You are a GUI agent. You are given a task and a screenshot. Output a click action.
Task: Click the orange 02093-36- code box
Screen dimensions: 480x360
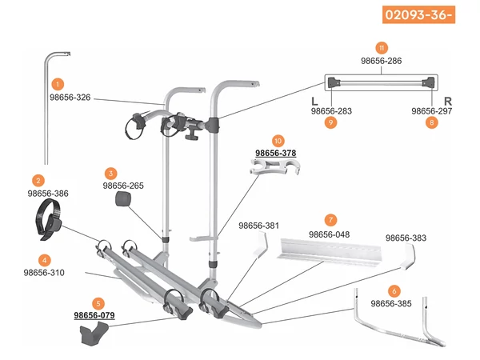click(418, 14)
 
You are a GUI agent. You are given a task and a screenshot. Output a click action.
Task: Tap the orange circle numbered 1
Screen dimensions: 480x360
click(58, 84)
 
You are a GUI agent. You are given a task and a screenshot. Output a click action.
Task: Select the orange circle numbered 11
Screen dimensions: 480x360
click(382, 48)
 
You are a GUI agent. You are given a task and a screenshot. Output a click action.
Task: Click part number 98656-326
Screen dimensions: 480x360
click(70, 98)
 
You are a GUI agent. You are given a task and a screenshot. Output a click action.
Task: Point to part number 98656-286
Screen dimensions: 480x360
click(381, 61)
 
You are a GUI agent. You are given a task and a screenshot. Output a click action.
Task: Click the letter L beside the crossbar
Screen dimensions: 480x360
click(314, 102)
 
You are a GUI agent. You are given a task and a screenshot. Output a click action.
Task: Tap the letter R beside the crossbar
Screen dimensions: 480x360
click(447, 102)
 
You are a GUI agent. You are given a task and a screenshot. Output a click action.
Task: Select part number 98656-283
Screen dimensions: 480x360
click(331, 111)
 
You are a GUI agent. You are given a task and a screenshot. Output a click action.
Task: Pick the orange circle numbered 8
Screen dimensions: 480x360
click(432, 122)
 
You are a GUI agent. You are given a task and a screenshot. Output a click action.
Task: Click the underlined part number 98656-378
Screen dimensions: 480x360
click(276, 153)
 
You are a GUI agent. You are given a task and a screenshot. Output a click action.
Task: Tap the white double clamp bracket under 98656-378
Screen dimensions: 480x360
click(275, 166)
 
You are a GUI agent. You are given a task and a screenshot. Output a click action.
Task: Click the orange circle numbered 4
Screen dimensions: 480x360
click(45, 261)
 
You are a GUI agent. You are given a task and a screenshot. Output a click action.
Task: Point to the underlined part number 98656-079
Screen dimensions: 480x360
click(94, 315)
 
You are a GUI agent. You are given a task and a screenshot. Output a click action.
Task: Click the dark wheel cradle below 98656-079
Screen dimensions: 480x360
click(94, 334)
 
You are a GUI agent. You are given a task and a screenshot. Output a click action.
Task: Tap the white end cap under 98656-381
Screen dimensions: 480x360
click(261, 244)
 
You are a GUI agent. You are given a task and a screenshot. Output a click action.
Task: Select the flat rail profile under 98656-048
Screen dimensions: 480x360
click(330, 252)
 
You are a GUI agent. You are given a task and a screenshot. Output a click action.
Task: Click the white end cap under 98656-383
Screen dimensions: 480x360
click(409, 257)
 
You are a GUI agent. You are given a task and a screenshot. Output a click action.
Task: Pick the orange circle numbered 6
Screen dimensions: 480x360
click(394, 291)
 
